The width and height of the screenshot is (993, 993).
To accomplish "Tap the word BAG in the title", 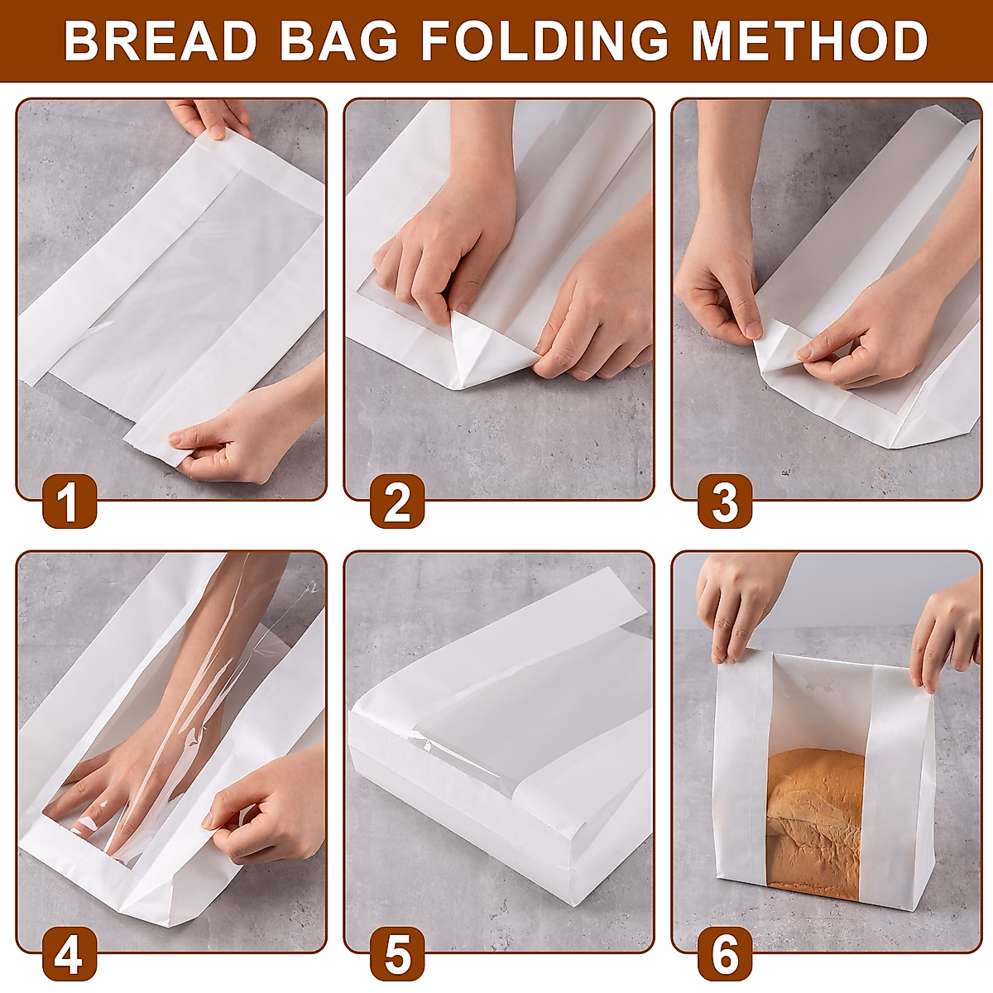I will pyautogui.click(x=338, y=41).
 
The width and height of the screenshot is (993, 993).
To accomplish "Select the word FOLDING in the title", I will pyautogui.click(x=544, y=41).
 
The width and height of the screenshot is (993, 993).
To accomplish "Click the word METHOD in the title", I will pyautogui.click(x=809, y=41).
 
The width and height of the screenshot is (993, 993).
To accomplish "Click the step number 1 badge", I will pyautogui.click(x=70, y=502).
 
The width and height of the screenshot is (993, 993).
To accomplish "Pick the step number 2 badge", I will pyautogui.click(x=397, y=502).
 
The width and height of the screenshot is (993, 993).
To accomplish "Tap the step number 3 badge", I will pyautogui.click(x=725, y=502).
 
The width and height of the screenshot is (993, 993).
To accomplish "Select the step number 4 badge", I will pyautogui.click(x=70, y=954).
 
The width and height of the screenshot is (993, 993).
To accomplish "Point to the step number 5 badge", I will pyautogui.click(x=397, y=954).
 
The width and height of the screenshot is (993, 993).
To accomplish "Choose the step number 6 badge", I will pyautogui.click(x=725, y=954).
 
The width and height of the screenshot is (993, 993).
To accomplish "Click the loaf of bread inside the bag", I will pyautogui.click(x=815, y=819).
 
